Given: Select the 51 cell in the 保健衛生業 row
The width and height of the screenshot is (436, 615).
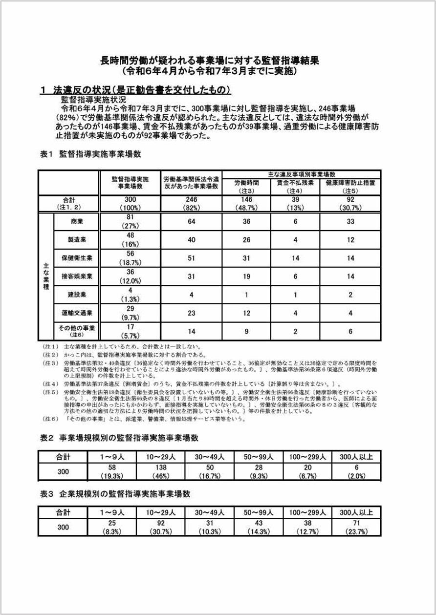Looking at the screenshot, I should tap(191, 258).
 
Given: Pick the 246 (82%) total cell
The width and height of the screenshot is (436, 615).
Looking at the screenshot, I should tap(191, 203).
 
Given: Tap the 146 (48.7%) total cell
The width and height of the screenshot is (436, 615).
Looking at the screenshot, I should tap(247, 203).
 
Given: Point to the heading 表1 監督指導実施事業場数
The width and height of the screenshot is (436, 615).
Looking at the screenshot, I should tap(90, 154).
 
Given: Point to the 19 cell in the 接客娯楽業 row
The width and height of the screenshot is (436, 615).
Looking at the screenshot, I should tap(247, 276).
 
